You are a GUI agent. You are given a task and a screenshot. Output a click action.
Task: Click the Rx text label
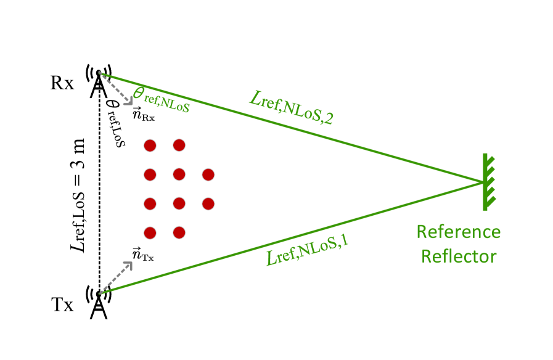[x=62, y=83]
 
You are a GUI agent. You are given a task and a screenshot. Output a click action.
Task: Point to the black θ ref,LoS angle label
[x=116, y=123]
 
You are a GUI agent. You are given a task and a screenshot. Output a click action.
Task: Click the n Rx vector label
[x=143, y=114]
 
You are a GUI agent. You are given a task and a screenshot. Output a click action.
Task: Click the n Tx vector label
[x=143, y=253]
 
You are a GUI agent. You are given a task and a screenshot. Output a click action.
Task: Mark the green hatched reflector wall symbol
[x=488, y=182]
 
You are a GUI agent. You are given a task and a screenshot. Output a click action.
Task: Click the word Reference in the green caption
[x=458, y=232]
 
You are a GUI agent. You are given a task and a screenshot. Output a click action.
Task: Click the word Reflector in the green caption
[x=458, y=256]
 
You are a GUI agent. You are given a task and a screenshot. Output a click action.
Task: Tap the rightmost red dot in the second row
[x=208, y=174]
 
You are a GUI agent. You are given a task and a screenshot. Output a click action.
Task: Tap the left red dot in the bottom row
[x=149, y=232]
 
